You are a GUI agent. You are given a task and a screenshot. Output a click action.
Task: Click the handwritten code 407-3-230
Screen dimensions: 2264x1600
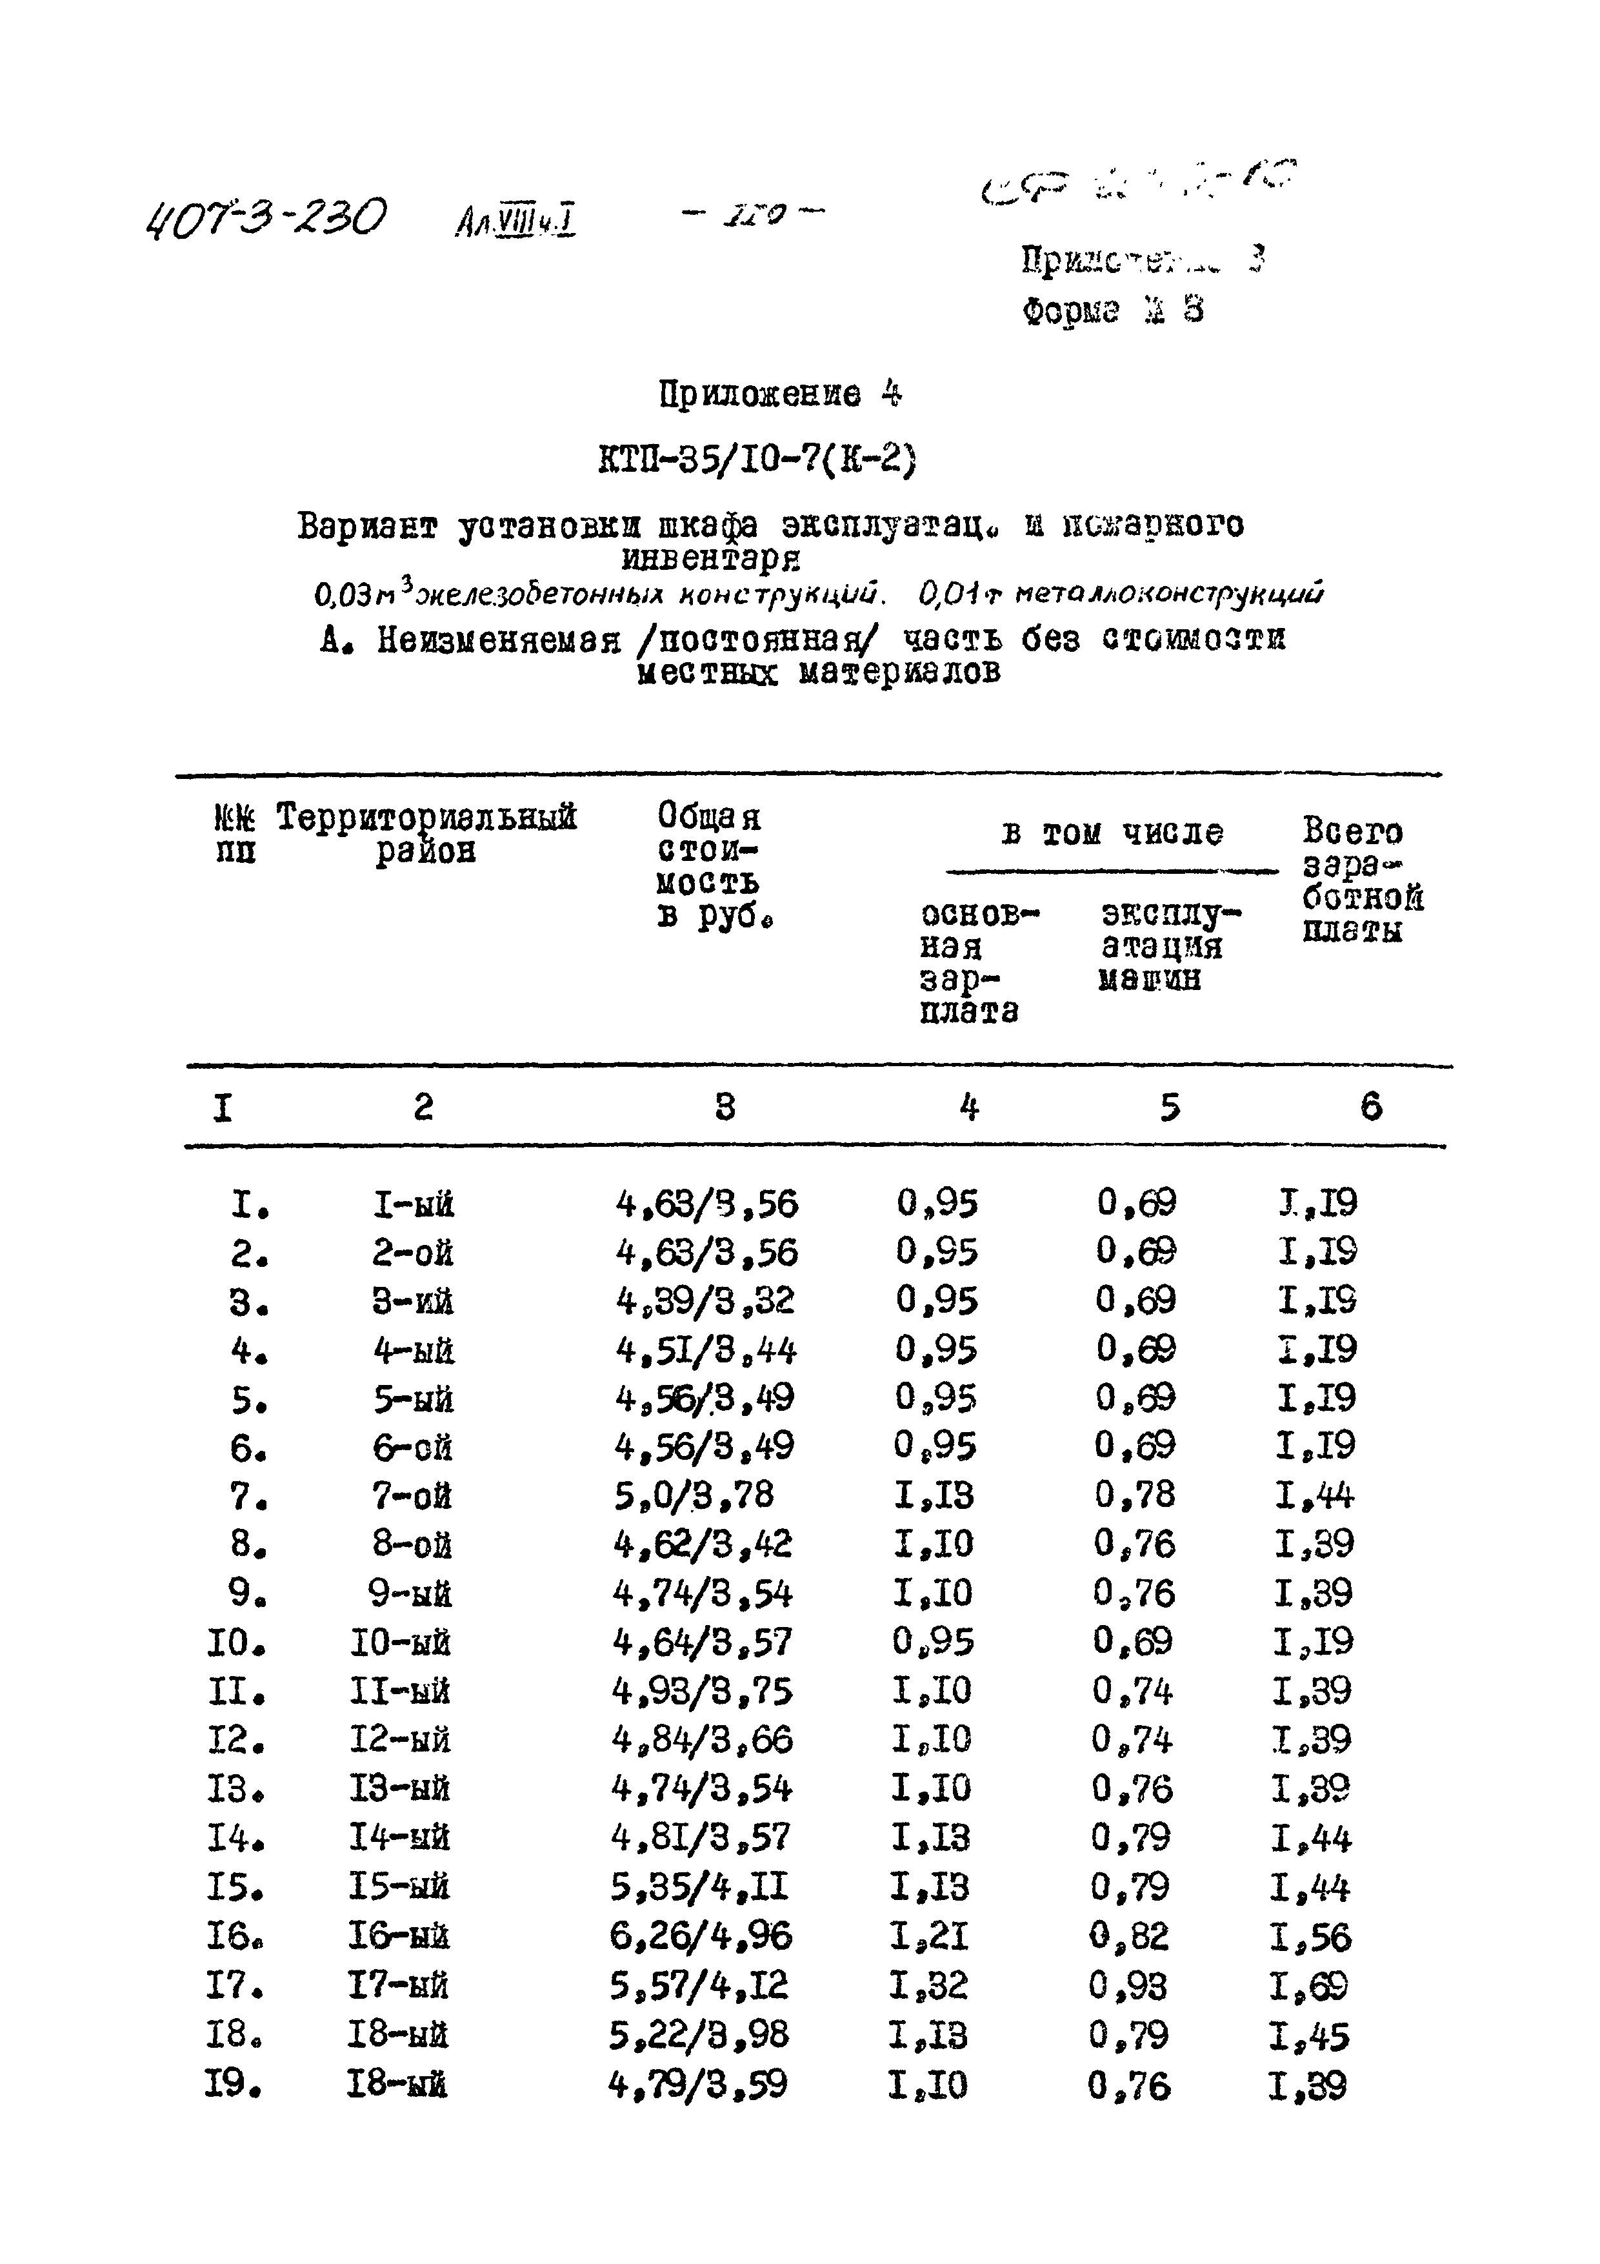tap(265, 218)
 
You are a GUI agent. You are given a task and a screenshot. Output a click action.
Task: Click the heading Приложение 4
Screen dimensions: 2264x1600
tap(779, 396)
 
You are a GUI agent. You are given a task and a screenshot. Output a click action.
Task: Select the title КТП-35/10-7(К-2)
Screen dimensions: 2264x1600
tap(757, 460)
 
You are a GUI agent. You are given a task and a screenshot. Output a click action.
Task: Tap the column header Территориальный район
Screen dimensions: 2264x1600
tap(426, 833)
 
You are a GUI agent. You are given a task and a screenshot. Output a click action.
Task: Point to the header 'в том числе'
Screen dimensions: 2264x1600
tap(1112, 834)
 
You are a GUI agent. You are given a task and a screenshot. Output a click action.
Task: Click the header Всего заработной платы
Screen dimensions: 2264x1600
tap(1361, 880)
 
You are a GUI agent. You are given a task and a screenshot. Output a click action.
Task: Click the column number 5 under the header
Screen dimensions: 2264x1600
tap(1169, 1108)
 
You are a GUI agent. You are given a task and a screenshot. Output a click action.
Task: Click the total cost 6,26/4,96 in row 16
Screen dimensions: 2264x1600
tap(700, 1937)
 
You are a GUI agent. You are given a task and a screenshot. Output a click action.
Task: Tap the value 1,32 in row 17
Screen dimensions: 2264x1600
tap(928, 1985)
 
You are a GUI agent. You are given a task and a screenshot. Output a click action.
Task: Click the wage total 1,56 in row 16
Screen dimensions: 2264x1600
tap(1311, 1937)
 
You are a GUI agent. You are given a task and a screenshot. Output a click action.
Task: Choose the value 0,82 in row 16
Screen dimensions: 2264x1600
tap(1130, 1937)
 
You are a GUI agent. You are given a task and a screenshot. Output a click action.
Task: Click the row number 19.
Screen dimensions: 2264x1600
tap(234, 2085)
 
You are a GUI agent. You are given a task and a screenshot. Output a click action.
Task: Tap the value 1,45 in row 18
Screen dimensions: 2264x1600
tap(1310, 2036)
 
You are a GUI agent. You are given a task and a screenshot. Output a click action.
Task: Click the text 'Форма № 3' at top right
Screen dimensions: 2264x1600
tap(1113, 312)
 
